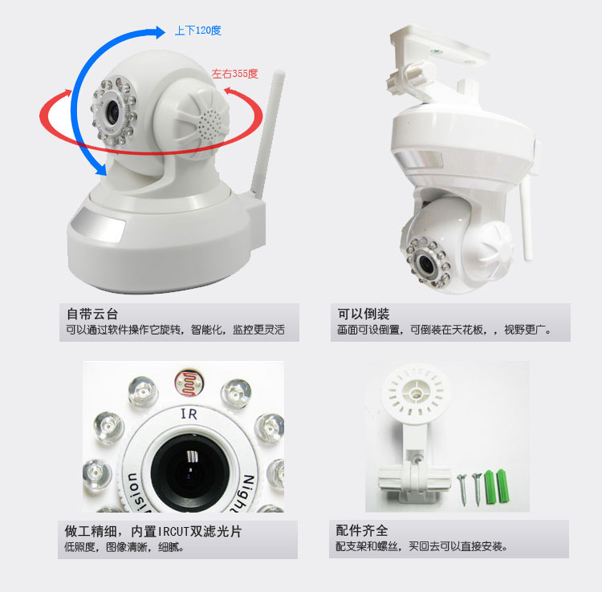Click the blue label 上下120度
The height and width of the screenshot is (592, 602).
tap(197, 30)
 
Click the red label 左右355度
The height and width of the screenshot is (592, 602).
tap(234, 73)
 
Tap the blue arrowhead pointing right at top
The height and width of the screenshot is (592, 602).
tap(160, 32)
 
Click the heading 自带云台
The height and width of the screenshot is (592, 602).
tap(92, 314)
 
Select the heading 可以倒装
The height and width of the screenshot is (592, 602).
tap(363, 314)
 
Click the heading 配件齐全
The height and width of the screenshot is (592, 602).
tap(362, 530)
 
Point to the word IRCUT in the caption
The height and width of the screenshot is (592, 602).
tap(173, 531)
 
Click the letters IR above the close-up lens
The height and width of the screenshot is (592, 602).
tap(189, 414)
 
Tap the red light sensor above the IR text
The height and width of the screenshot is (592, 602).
tap(189, 384)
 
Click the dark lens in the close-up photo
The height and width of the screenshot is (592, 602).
tap(189, 470)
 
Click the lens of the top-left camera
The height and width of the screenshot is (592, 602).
tap(113, 112)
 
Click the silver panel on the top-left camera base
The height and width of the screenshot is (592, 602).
tap(98, 225)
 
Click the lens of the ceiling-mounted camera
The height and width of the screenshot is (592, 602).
tap(426, 263)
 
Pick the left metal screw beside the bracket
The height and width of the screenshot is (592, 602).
tap(462, 489)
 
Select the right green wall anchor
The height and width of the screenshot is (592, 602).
tap(502, 486)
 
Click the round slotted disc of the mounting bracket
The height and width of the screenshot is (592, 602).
tap(415, 392)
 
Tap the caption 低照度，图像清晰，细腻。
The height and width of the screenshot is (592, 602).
tap(124, 546)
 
